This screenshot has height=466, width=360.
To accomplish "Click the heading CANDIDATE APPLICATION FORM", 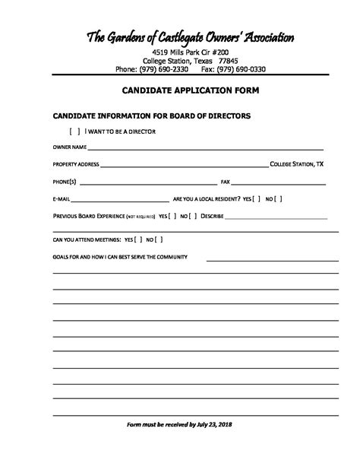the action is [180, 90].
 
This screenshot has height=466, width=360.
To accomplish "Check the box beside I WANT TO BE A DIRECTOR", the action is [74, 132].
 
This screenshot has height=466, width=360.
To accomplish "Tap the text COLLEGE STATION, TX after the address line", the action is [298, 163].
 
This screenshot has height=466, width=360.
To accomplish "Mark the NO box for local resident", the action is [279, 199].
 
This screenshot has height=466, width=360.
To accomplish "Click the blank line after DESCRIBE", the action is [276, 217].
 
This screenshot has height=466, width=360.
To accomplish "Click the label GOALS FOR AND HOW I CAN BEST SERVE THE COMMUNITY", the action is [119, 257].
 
